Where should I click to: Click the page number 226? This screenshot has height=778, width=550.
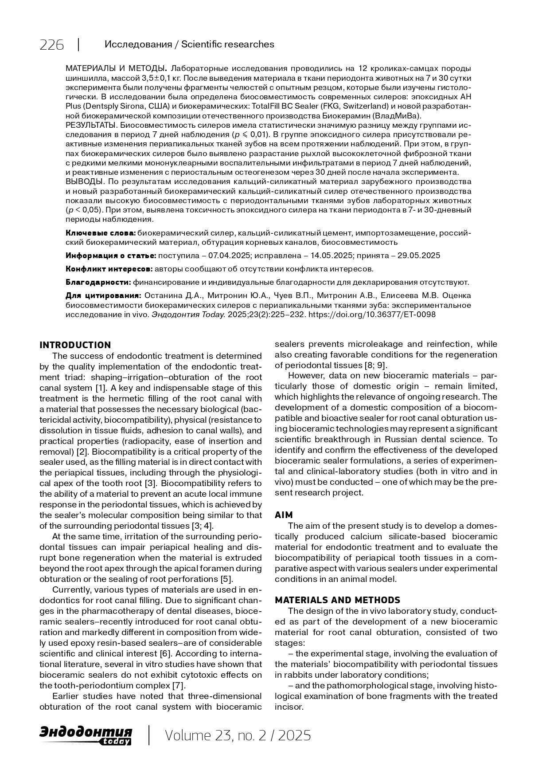pyautogui.click(x=51, y=45)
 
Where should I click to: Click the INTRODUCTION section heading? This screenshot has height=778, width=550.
pyautogui.click(x=75, y=345)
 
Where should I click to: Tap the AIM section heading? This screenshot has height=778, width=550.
pyautogui.click(x=284, y=515)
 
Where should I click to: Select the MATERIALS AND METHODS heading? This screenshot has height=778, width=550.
pyautogui.click(x=337, y=600)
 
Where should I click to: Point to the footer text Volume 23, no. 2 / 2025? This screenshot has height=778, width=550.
pyautogui.click(x=238, y=735)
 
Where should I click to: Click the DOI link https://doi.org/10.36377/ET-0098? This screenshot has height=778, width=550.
pyautogui.click(x=371, y=314)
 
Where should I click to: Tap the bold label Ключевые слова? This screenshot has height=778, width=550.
pyautogui.click(x=101, y=233)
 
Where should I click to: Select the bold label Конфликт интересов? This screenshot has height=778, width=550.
pyautogui.click(x=109, y=269)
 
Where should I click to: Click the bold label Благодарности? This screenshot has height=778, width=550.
pyautogui.click(x=98, y=282)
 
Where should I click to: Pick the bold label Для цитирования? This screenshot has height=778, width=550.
pyautogui.click(x=103, y=295)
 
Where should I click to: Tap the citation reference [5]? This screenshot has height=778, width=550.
pyautogui.click(x=226, y=579)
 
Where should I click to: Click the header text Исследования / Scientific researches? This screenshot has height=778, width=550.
pyautogui.click(x=189, y=44)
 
